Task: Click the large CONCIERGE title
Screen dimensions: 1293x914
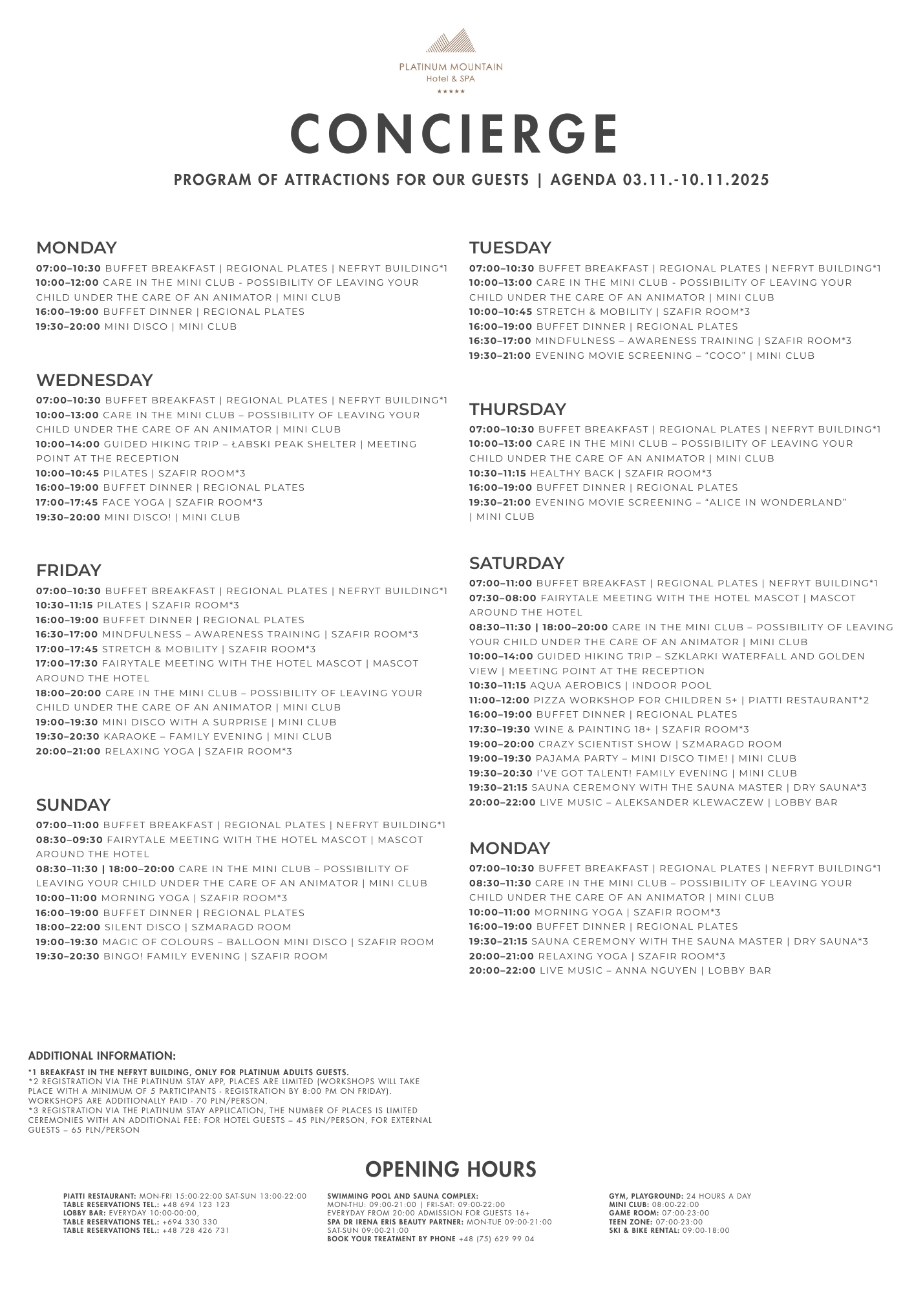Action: click(455, 134)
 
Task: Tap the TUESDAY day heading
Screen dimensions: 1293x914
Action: click(510, 248)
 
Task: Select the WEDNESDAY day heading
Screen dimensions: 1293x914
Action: click(94, 379)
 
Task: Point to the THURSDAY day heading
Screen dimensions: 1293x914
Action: click(518, 409)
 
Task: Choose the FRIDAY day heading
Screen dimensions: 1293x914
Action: click(69, 570)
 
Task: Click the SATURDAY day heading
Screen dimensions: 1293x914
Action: click(517, 562)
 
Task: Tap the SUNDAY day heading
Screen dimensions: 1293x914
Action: click(73, 805)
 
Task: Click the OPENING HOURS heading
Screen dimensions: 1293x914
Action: click(451, 1169)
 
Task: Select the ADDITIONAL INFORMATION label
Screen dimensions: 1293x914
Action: click(102, 1056)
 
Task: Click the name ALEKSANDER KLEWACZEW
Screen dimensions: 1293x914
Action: click(689, 802)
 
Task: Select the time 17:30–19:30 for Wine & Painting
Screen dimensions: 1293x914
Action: click(500, 729)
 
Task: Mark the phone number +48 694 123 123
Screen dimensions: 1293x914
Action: click(196, 1204)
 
